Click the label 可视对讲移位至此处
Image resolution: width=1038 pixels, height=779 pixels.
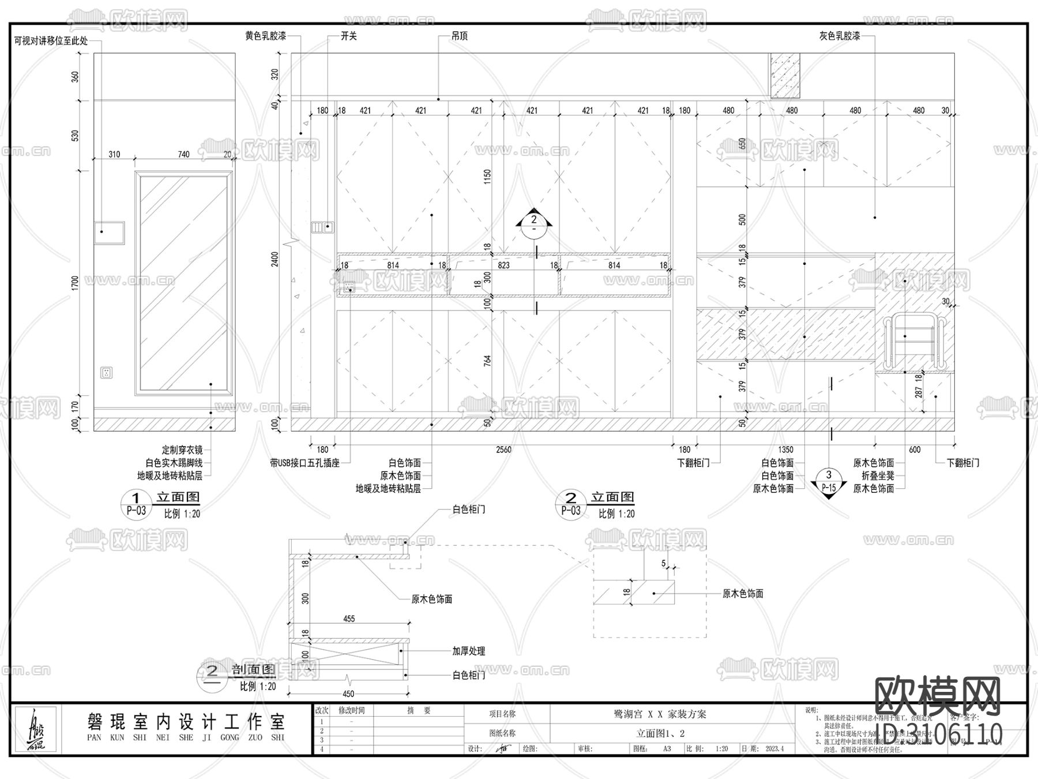click(51, 41)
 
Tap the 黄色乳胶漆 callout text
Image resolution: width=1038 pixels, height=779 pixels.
click(265, 36)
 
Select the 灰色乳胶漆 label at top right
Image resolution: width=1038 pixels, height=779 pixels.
click(840, 36)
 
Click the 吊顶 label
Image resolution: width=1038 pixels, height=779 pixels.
click(459, 36)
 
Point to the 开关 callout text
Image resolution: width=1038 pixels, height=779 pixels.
click(348, 36)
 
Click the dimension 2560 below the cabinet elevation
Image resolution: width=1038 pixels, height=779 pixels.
click(503, 450)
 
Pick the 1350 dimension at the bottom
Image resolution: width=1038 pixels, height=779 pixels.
click(785, 450)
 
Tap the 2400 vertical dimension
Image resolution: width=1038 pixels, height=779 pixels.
click(275, 259)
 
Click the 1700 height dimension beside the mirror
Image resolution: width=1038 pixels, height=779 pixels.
click(75, 283)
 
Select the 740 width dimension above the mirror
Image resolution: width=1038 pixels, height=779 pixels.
click(183, 154)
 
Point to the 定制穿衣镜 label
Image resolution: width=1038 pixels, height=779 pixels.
click(182, 450)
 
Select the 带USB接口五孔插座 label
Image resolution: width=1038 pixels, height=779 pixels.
click(304, 463)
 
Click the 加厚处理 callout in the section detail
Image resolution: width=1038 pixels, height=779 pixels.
click(468, 651)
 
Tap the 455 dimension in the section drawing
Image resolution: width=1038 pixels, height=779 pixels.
click(349, 619)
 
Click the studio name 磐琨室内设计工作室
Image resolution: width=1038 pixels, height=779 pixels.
click(186, 721)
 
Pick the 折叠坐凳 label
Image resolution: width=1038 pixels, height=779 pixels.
click(878, 475)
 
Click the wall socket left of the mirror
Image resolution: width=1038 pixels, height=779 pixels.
click(107, 373)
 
